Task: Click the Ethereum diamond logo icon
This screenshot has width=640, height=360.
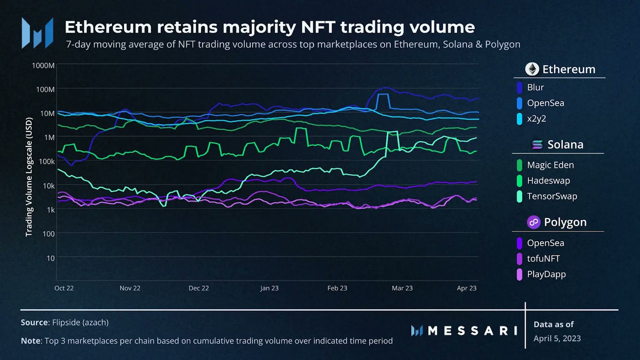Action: (532, 69)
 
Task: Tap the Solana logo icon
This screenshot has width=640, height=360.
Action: (537, 145)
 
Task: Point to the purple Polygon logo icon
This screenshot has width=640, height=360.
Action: (533, 222)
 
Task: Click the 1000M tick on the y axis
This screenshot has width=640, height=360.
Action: (43, 65)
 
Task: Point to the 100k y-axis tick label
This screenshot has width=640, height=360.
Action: (46, 161)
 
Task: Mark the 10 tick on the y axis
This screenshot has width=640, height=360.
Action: (50, 258)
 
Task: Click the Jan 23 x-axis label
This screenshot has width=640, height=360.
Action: (269, 288)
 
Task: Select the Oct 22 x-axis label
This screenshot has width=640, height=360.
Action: (64, 288)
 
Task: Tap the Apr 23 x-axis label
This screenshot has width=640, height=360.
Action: (466, 288)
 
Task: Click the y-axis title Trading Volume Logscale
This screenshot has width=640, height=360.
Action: (29, 177)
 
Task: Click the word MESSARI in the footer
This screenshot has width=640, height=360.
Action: (472, 331)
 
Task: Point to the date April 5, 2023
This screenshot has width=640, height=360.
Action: (557, 338)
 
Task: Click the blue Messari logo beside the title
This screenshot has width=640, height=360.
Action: (37, 33)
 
